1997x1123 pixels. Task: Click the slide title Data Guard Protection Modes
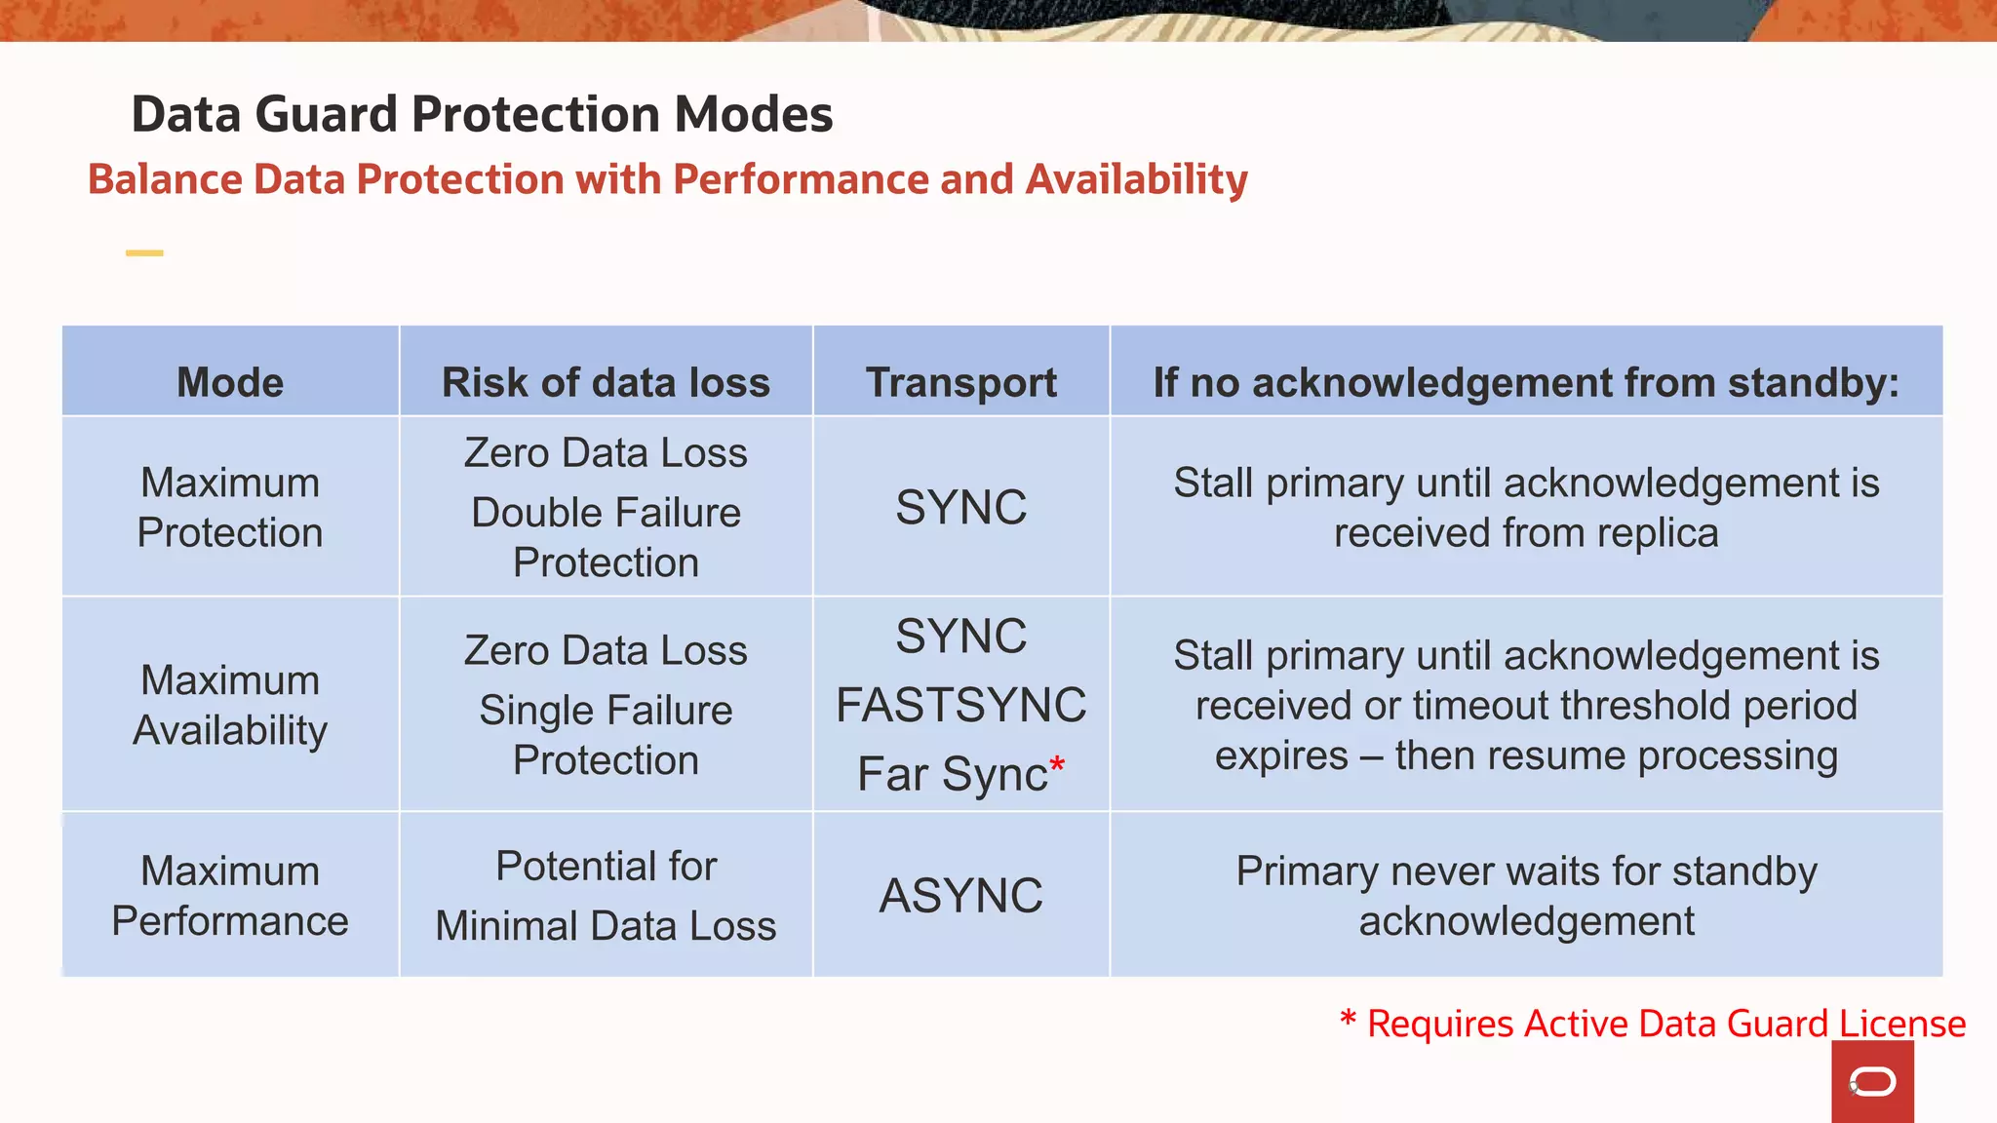(482, 114)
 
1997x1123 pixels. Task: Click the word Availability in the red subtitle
(1136, 179)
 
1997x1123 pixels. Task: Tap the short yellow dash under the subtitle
(144, 253)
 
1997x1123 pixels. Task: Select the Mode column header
(230, 382)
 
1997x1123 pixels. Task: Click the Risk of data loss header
(606, 382)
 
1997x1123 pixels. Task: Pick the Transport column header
(960, 382)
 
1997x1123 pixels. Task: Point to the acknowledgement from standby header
(1526, 382)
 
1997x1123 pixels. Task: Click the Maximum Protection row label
(230, 508)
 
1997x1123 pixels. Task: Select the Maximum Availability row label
(230, 705)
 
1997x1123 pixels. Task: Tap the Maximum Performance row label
(230, 896)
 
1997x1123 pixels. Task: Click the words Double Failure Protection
(606, 537)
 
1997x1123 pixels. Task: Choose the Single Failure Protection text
(606, 735)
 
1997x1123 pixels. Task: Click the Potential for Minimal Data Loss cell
(606, 896)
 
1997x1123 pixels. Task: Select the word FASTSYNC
(960, 705)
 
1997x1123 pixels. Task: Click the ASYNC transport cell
(960, 896)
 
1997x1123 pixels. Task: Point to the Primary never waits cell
(1526, 896)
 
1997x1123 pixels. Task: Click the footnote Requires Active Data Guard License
(1664, 1024)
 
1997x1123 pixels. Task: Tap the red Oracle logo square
(1872, 1082)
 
